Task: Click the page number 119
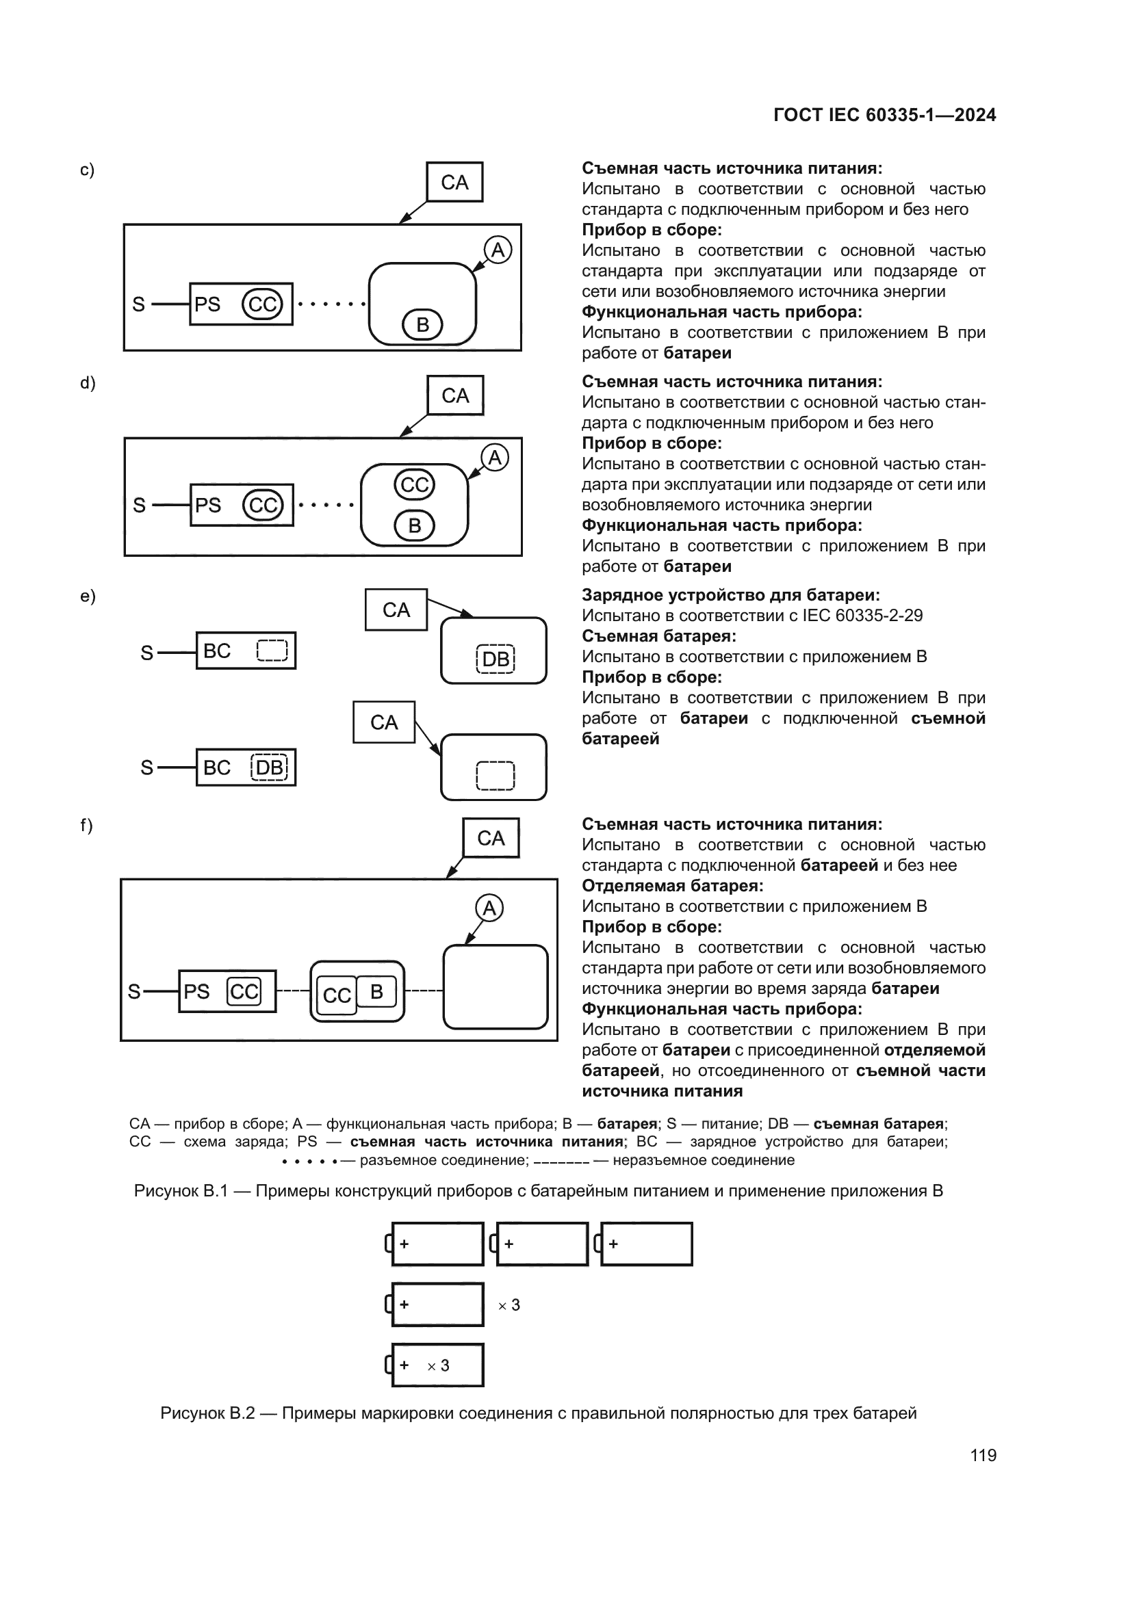coord(983,1455)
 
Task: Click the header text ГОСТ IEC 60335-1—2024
coord(884,115)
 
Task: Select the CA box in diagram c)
coord(454,183)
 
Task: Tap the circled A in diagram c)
coord(498,250)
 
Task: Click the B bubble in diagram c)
coord(422,325)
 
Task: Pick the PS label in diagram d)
coord(208,506)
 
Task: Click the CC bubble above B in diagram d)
coord(415,485)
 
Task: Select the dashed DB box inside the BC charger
coord(269,768)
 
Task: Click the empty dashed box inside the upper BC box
coord(272,651)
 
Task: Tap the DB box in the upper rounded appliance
coord(496,659)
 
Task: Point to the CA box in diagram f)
coord(491,839)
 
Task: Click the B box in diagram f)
coord(376,992)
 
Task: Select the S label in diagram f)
coord(135,992)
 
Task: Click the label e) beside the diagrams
coord(88,596)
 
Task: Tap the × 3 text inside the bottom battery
coord(439,1366)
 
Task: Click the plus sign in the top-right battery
coord(613,1244)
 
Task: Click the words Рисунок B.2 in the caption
coord(208,1413)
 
